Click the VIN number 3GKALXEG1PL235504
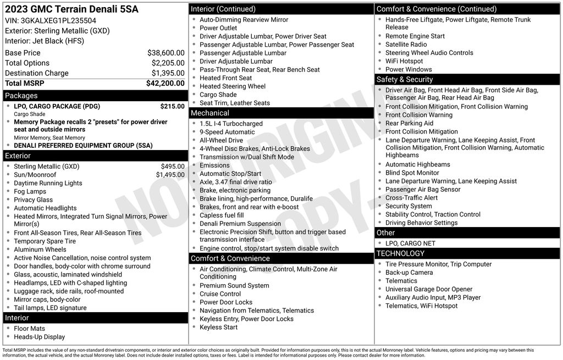click(x=58, y=20)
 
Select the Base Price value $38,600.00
click(x=165, y=53)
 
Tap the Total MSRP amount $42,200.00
click(x=165, y=83)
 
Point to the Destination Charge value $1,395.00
click(x=168, y=73)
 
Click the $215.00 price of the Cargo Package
click(x=172, y=106)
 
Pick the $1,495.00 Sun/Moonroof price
click(x=170, y=175)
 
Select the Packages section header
click(x=21, y=96)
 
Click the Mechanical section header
click(x=209, y=113)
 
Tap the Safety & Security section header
click(x=405, y=80)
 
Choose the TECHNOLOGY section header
click(x=400, y=253)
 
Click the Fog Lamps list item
click(x=30, y=191)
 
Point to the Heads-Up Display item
click(x=39, y=337)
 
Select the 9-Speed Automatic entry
click(x=227, y=132)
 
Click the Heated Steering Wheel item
click(x=233, y=86)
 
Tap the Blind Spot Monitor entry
click(x=412, y=173)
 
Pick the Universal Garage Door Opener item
click(x=429, y=289)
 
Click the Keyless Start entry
click(x=219, y=327)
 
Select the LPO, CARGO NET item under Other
click(x=410, y=243)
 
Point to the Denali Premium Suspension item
click(x=240, y=224)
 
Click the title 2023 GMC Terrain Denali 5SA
click(x=71, y=9)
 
